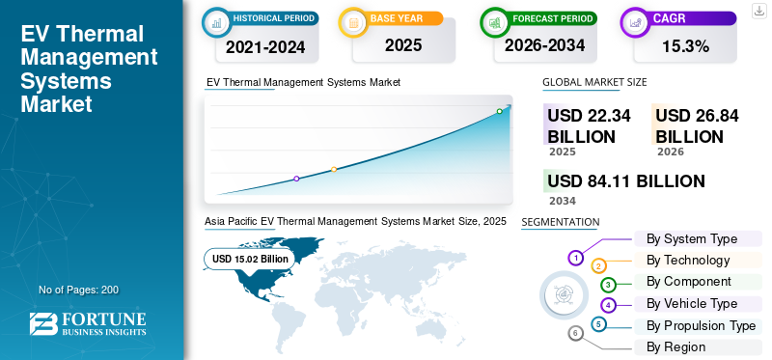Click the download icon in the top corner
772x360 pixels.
[758, 11]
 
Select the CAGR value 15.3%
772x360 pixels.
[685, 46]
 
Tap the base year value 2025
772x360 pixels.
[403, 45]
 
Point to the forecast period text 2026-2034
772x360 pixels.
[544, 45]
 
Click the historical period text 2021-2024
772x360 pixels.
[265, 47]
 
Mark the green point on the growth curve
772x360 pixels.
[499, 111]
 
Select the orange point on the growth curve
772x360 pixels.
[334, 170]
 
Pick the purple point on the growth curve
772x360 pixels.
[296, 179]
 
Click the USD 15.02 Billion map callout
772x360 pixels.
[250, 259]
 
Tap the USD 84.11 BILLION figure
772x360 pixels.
[626, 181]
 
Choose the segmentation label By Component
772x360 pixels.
[689, 282]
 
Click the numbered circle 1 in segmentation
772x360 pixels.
[575, 258]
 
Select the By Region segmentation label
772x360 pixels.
[675, 347]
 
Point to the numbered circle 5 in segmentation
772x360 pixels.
[597, 324]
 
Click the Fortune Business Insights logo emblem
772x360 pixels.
[43, 324]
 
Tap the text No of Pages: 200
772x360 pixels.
[79, 290]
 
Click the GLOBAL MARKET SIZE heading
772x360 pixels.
[594, 82]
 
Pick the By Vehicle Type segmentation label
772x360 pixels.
[692, 304]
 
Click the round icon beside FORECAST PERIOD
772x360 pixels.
[494, 22]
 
